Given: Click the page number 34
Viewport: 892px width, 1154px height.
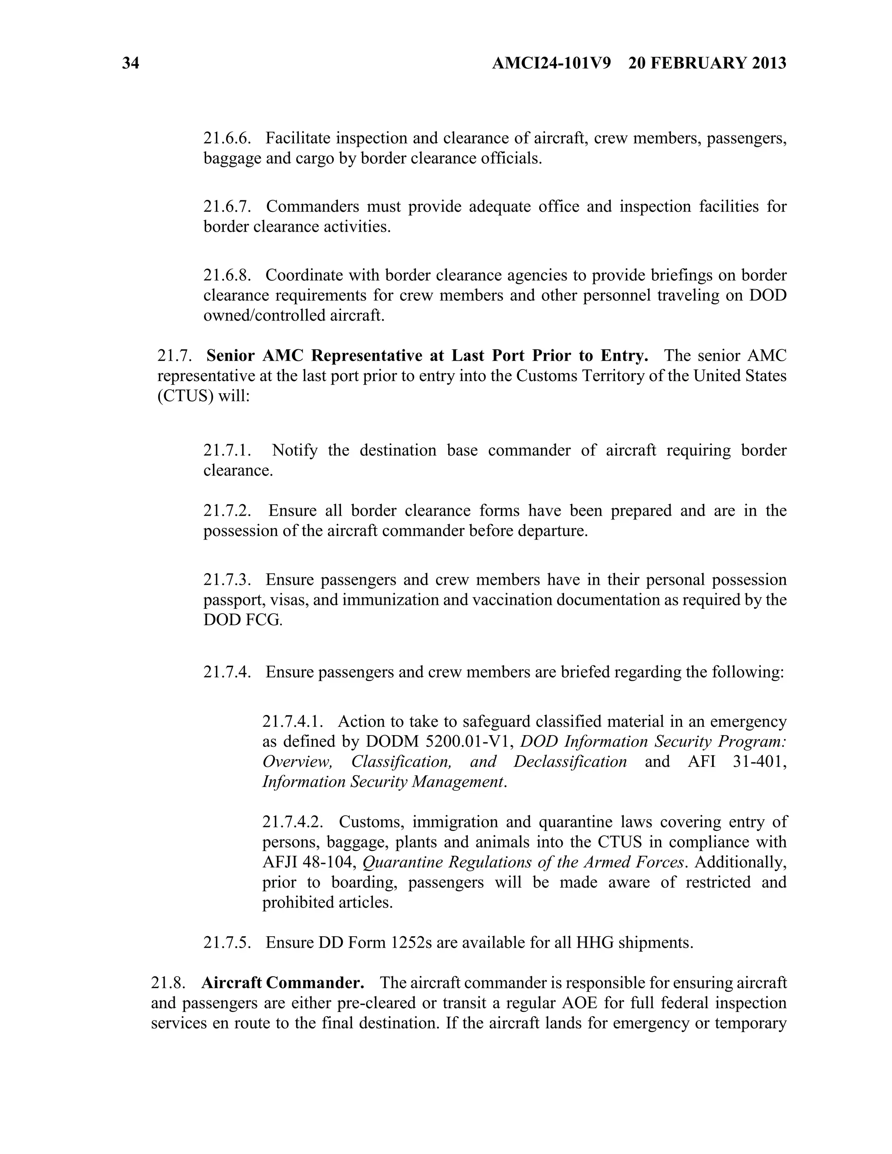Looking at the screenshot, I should click(131, 64).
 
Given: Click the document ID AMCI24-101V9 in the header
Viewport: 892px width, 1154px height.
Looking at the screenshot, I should click(551, 64).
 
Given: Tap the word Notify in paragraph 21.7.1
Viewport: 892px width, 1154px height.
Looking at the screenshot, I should click(294, 450).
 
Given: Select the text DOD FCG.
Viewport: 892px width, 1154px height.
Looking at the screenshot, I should click(243, 620).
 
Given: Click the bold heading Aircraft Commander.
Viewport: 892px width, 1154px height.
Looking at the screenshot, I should click(283, 983).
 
